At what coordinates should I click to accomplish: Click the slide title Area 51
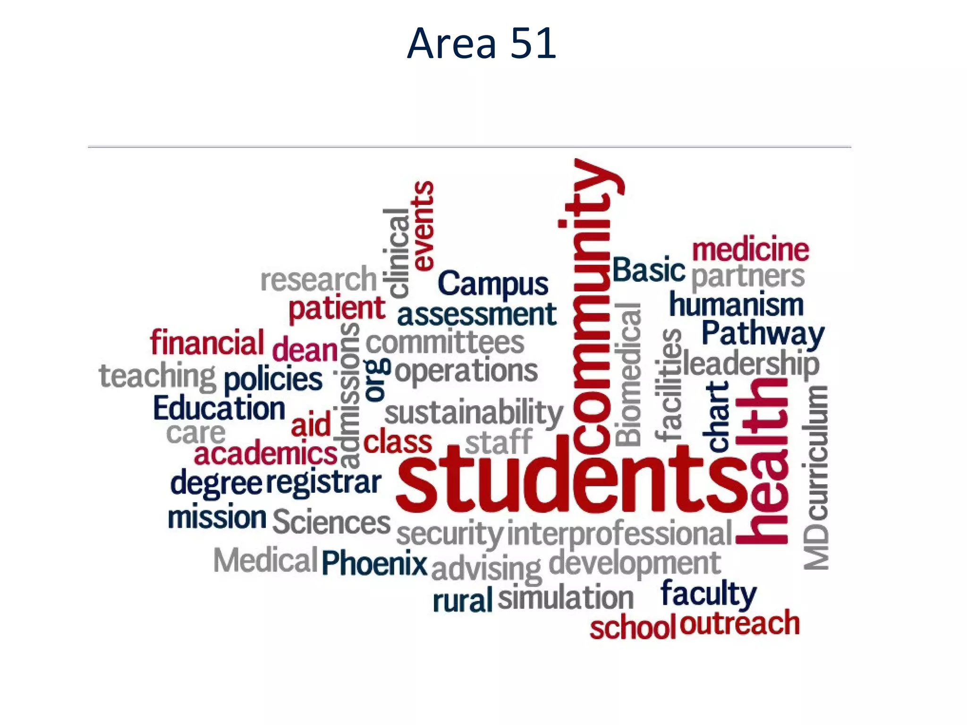coord(482,43)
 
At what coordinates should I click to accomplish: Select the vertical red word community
coord(593,307)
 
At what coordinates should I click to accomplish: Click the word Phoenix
coord(374,563)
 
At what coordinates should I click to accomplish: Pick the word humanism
coord(736,304)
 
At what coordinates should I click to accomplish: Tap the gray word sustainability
coord(474,413)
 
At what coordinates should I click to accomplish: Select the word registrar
coord(323,482)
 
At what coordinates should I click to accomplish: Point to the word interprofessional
coord(619,533)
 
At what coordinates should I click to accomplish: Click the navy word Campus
coord(492,284)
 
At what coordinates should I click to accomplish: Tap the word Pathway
coord(763,334)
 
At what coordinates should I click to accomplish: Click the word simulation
coord(565,598)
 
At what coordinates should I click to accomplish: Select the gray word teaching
coord(157,376)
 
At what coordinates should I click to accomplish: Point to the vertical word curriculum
coord(815,453)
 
